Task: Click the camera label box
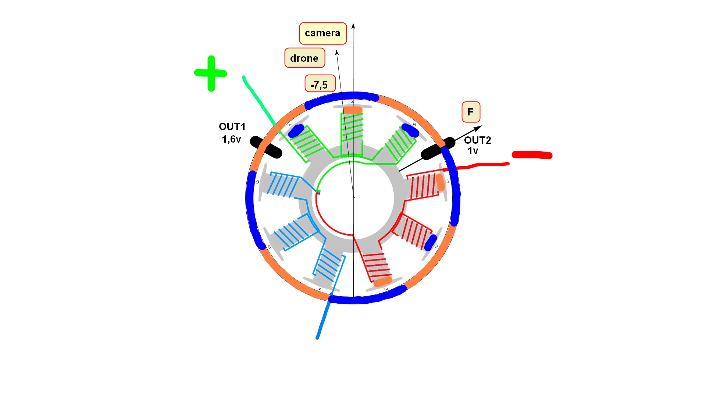pyautogui.click(x=322, y=33)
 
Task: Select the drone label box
pyautogui.click(x=304, y=58)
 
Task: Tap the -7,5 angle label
pyautogui.click(x=320, y=84)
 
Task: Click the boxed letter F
pyautogui.click(x=471, y=112)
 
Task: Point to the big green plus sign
pyautogui.click(x=211, y=74)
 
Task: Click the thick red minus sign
pyautogui.click(x=532, y=155)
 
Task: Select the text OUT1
pyautogui.click(x=232, y=127)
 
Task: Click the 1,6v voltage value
pyautogui.click(x=231, y=139)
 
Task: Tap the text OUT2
pyautogui.click(x=477, y=140)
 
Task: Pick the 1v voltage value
pyautogui.click(x=473, y=151)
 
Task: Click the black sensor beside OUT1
pyautogui.click(x=266, y=147)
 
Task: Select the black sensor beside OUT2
pyautogui.click(x=438, y=149)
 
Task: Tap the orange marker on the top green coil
pyautogui.click(x=352, y=110)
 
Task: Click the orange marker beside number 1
pyautogui.click(x=440, y=182)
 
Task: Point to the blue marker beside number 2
pyautogui.click(x=430, y=243)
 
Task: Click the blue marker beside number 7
pyautogui.click(x=296, y=131)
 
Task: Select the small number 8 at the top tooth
pyautogui.click(x=352, y=102)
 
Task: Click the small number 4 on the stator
pyautogui.click(x=320, y=289)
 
